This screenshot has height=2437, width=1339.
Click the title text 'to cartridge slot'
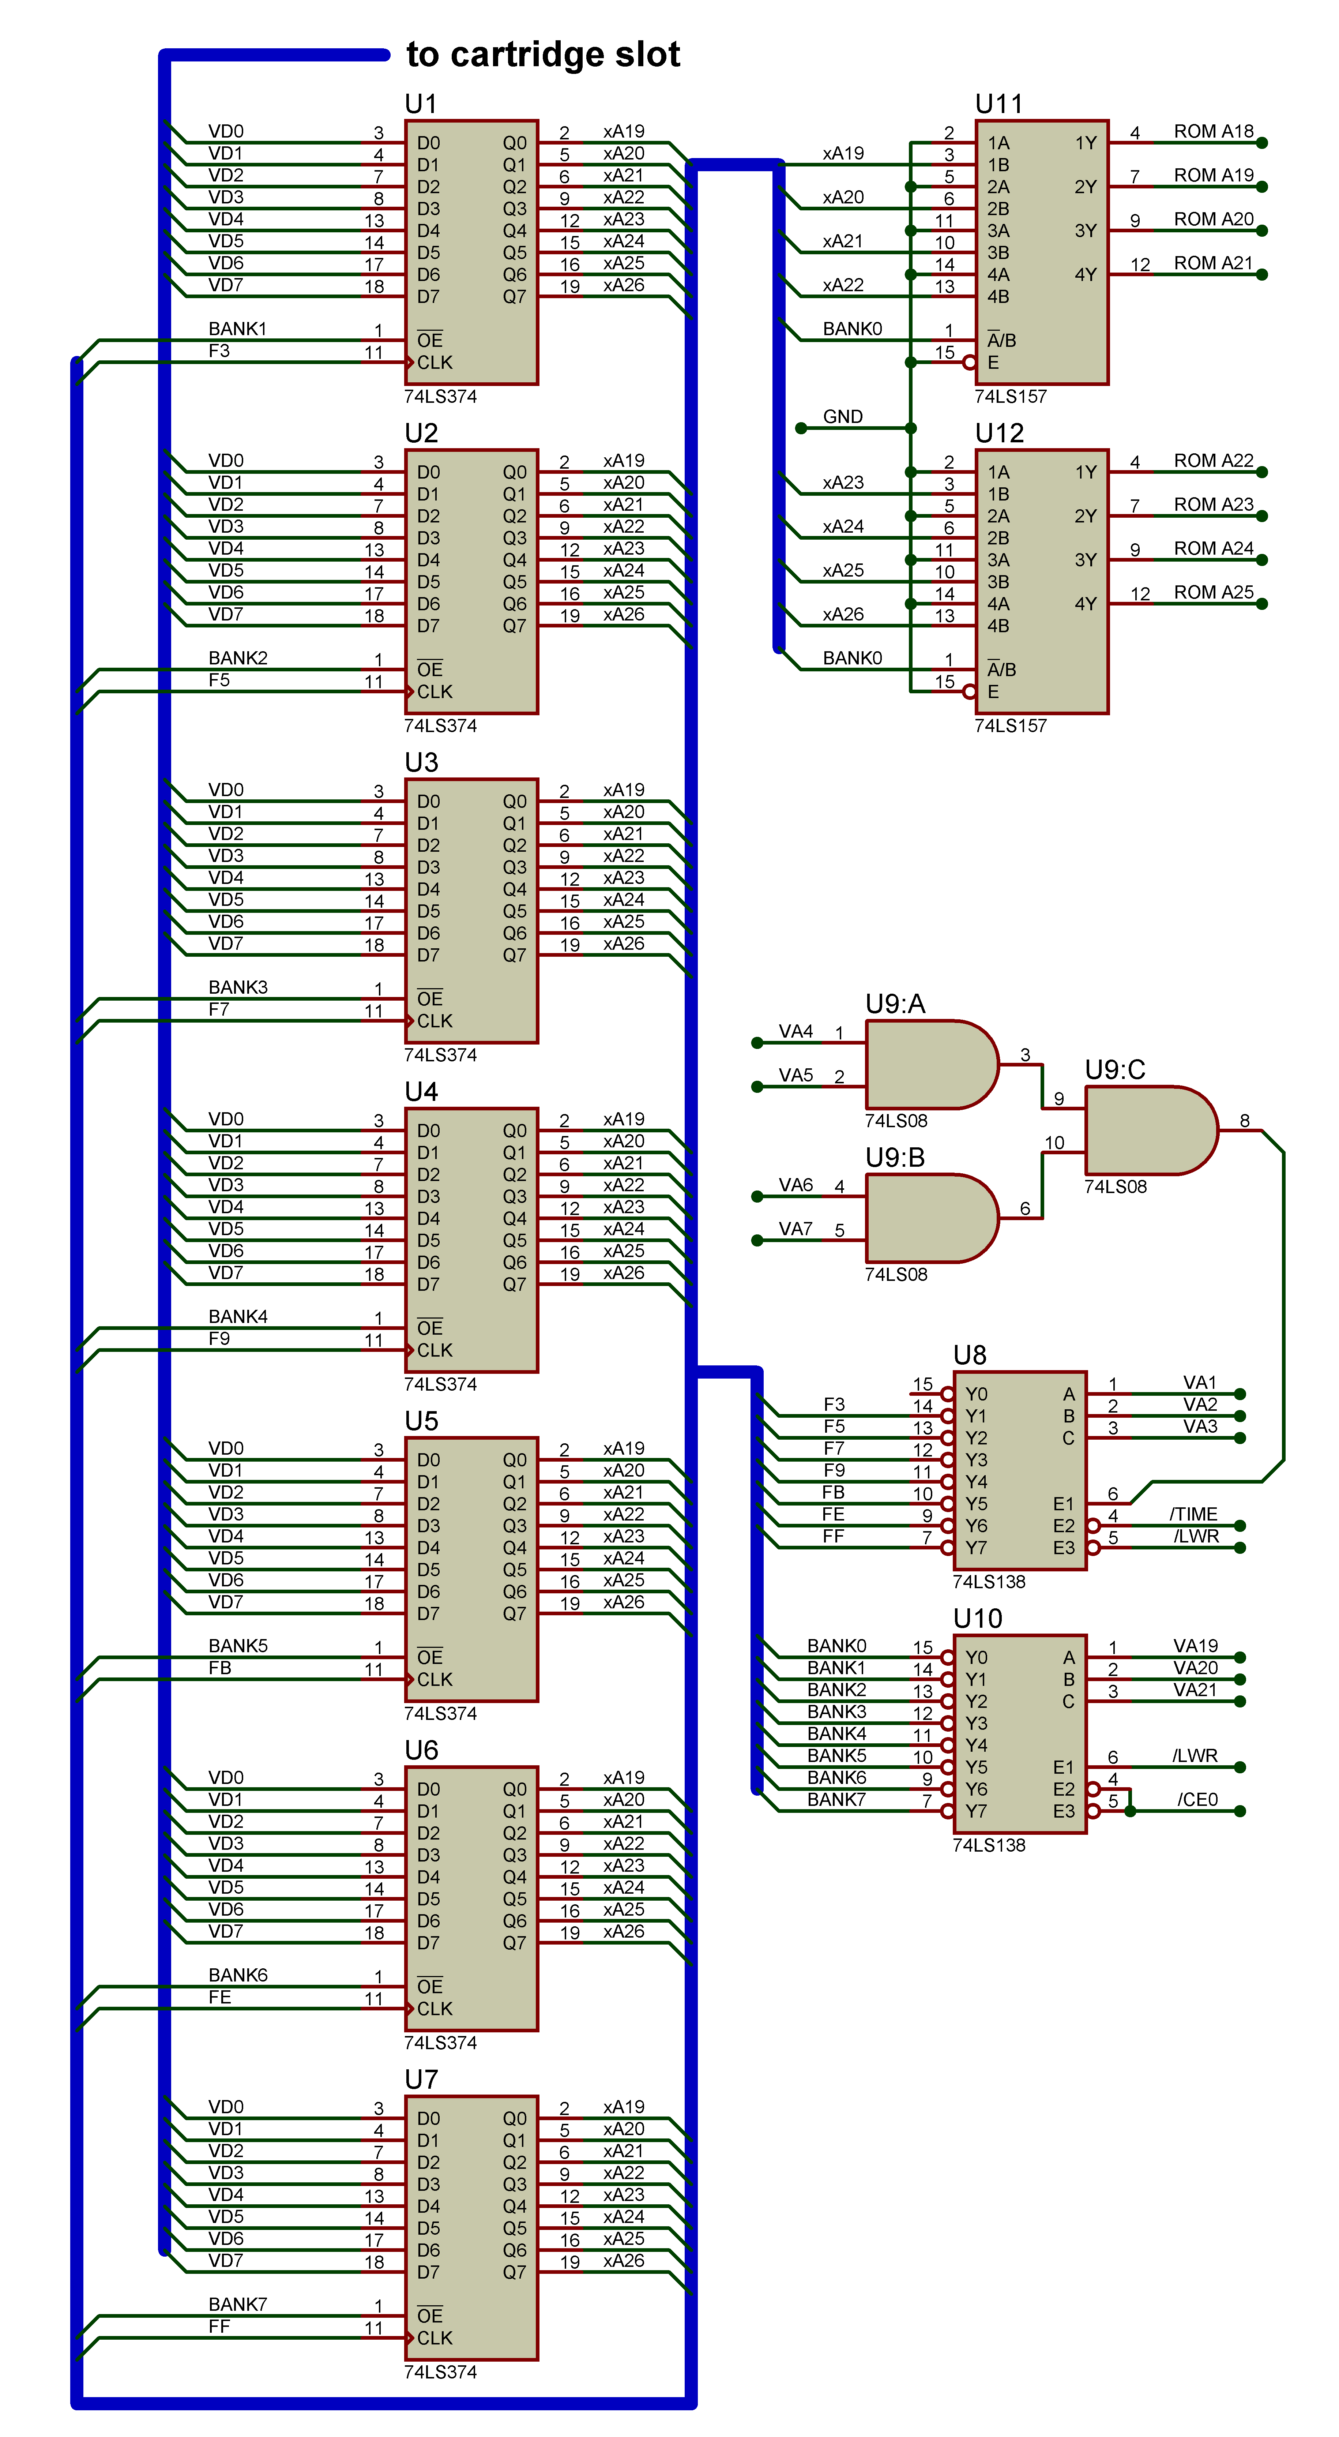543,55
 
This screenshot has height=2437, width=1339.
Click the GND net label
843,417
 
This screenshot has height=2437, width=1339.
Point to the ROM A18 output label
1213,131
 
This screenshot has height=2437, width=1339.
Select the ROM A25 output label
1213,592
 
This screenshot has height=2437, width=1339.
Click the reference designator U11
998,104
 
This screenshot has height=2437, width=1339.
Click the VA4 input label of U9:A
795,1031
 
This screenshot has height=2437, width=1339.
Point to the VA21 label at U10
1195,1690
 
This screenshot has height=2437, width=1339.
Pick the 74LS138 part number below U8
988,1582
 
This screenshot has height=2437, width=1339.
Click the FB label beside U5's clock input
219,1668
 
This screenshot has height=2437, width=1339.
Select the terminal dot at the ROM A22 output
1261,472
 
